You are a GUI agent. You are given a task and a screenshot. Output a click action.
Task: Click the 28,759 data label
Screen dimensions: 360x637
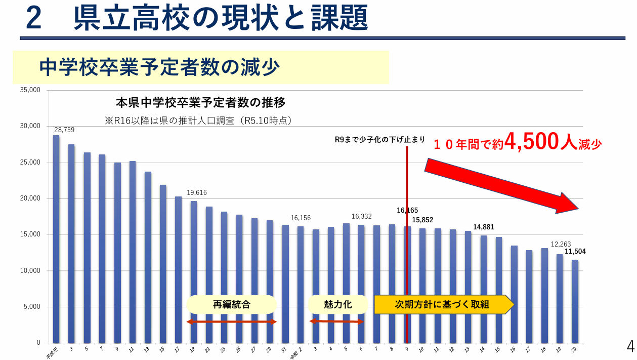(64, 130)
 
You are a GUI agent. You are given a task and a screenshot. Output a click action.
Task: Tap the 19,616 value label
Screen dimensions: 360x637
(197, 193)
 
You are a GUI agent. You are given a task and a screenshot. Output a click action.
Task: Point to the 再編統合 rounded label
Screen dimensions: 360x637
(231, 304)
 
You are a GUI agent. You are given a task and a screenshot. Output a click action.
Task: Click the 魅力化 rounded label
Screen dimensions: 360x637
(337, 304)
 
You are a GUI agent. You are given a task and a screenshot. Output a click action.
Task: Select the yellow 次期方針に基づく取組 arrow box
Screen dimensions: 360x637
(443, 304)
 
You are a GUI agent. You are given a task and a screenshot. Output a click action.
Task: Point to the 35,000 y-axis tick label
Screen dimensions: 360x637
(30, 90)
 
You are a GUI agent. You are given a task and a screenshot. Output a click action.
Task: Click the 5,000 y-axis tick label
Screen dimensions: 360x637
(31, 307)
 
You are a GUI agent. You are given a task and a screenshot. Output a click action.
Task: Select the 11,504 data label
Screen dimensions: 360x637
(575, 252)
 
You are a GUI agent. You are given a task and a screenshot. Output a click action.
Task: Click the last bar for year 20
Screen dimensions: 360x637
(575, 301)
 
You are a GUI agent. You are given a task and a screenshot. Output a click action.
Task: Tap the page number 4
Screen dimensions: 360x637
(630, 346)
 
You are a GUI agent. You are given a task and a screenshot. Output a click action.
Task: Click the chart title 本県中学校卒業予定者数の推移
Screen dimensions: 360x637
(201, 103)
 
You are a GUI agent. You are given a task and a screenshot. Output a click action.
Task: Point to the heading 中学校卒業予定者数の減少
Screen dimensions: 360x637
(160, 67)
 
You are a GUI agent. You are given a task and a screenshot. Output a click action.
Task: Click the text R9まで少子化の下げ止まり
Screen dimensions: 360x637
(380, 140)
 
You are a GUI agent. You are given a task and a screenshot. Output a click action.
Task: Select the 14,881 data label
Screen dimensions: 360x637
(484, 227)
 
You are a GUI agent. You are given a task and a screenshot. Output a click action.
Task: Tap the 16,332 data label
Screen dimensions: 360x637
(362, 216)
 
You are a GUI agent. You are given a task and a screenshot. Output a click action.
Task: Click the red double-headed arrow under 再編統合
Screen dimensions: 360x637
(232, 322)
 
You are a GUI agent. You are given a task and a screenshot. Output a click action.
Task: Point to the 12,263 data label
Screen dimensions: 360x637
(561, 244)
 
